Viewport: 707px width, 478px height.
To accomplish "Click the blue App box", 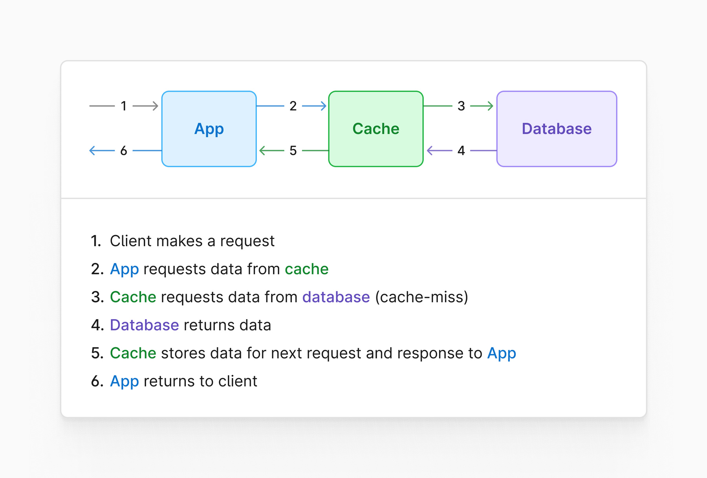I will coord(209,129).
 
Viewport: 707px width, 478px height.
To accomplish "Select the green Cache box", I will coord(376,129).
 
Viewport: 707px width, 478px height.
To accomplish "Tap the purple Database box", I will coord(557,129).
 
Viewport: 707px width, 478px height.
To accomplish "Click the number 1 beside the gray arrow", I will coord(124,106).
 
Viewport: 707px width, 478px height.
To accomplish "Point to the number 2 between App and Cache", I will coord(293,106).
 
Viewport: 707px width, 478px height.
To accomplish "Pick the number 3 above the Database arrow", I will coord(461,106).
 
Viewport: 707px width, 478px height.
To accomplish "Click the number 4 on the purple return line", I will coord(461,151).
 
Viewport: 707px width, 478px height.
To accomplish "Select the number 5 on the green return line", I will coord(293,151).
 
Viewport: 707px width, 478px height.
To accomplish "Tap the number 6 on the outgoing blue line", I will coord(124,151).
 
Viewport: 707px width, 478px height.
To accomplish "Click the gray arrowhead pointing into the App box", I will coord(156,106).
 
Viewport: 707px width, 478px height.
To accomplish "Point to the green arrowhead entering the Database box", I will coord(490,106).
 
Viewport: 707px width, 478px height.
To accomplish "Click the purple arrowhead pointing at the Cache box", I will coord(430,151).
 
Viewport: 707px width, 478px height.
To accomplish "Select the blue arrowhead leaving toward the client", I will coord(93,151).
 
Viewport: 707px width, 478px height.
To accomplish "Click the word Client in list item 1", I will coord(130,241).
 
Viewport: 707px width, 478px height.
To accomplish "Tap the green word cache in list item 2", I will coord(306,269).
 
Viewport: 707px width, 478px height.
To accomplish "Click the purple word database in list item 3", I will coord(336,297).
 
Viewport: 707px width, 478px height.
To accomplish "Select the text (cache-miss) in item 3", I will coord(421,297).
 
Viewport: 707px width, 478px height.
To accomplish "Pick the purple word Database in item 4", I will coord(144,325).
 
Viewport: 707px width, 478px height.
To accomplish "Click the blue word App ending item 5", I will coord(501,353).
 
